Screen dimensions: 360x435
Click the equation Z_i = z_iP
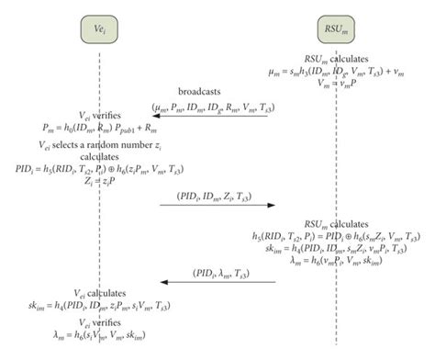coord(97,182)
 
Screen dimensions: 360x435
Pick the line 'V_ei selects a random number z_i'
coord(97,145)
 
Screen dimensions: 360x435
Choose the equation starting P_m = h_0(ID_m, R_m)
coord(97,132)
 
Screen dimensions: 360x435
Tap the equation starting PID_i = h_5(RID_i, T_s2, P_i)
coord(97,170)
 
